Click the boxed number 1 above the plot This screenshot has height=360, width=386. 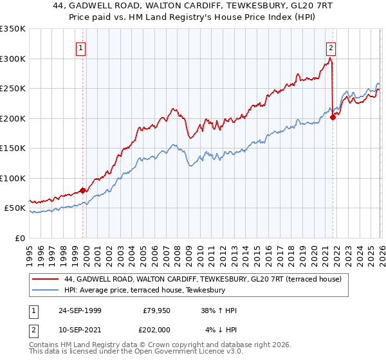(x=81, y=47)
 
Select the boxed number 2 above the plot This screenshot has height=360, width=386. (x=331, y=47)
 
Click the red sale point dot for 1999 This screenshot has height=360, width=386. (x=83, y=190)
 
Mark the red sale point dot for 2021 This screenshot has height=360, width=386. (x=333, y=117)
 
